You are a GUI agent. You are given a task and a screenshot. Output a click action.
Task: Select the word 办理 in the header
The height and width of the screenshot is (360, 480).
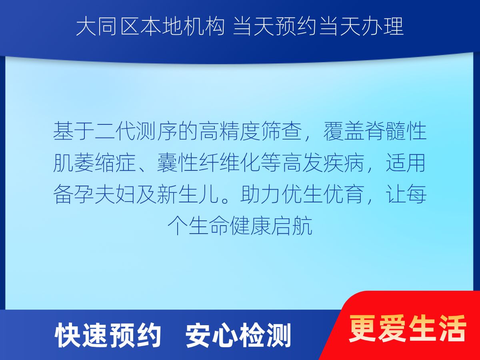(382, 27)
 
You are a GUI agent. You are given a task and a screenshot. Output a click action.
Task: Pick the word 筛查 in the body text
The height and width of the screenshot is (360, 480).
(282, 131)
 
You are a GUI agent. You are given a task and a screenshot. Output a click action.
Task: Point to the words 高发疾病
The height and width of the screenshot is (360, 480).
(323, 163)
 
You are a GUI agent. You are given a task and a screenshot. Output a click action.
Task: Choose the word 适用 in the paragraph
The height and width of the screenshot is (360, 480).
(406, 163)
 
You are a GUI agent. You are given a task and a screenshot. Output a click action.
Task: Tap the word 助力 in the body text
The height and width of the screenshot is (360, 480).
(261, 194)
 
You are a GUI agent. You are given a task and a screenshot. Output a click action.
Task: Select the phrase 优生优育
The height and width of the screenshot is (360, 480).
(323, 194)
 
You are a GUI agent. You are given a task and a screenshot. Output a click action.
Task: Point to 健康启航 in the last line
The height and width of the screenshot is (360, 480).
(271, 226)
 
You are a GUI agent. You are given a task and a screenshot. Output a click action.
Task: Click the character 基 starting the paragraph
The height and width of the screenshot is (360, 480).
(64, 131)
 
